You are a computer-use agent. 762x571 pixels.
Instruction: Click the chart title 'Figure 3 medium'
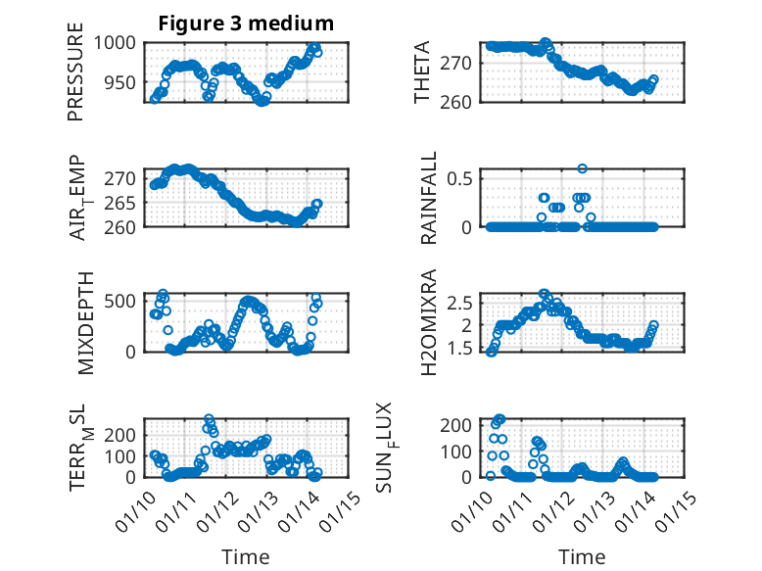click(x=246, y=24)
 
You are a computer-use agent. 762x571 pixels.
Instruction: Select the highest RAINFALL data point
click(x=582, y=168)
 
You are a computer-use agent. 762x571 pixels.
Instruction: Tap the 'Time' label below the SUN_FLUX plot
click(x=582, y=556)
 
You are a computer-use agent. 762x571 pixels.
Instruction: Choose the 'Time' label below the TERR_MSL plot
click(x=245, y=556)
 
